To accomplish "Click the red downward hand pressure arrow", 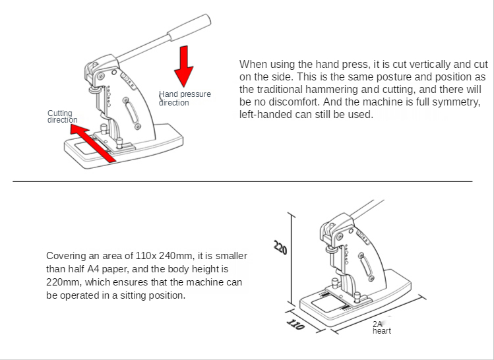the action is pyautogui.click(x=183, y=66).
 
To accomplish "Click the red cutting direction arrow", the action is pyautogui.click(x=92, y=143).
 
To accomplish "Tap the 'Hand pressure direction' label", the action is pyautogui.click(x=185, y=98).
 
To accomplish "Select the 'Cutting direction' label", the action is pyautogui.click(x=63, y=116).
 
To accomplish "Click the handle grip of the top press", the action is pyautogui.click(x=189, y=28).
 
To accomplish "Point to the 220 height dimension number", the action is pyautogui.click(x=280, y=247).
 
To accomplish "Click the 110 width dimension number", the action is pyautogui.click(x=295, y=324).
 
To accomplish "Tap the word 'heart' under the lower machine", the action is pyautogui.click(x=381, y=331).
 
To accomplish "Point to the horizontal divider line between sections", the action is pyautogui.click(x=243, y=181).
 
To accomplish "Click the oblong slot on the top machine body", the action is pyautogui.click(x=132, y=113).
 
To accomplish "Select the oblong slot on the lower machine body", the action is pyautogui.click(x=366, y=266).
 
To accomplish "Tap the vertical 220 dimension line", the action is pyautogui.click(x=292, y=259).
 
